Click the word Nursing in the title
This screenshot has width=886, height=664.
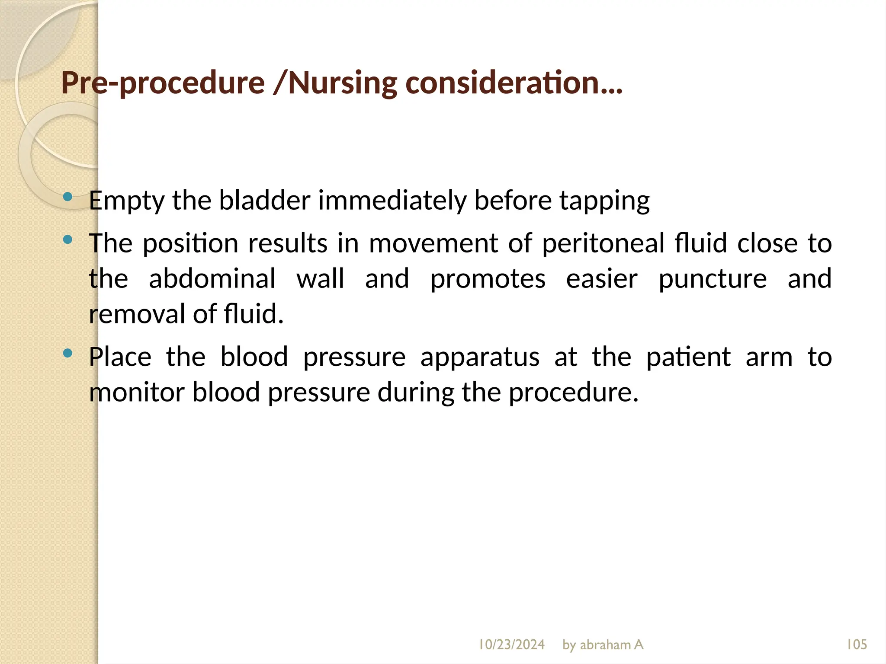[342, 83]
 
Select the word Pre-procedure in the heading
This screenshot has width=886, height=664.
[163, 83]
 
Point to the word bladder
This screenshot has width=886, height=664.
[264, 201]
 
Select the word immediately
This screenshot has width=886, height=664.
[392, 201]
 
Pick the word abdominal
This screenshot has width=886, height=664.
[212, 278]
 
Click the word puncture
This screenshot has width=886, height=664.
[713, 279]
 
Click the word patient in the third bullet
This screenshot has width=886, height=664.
[688, 357]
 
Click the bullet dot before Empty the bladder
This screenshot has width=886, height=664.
[67, 197]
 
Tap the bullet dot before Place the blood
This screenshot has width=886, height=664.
[67, 353]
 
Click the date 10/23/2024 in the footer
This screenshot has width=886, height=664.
[511, 645]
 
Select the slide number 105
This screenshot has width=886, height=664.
[857, 645]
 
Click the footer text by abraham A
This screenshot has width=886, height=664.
[603, 645]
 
